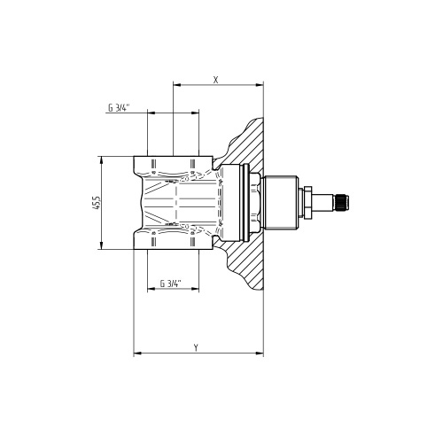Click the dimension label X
pyautogui.click(x=216, y=80)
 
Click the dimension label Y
pyautogui.click(x=196, y=347)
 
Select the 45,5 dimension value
pyautogui.click(x=97, y=203)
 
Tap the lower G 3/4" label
pyautogui.click(x=170, y=284)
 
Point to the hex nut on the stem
pyautogui.click(x=307, y=203)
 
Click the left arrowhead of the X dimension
pyautogui.click(x=176, y=85)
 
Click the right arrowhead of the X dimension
pyautogui.click(x=260, y=85)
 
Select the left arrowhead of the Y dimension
pyautogui.click(x=137, y=353)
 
